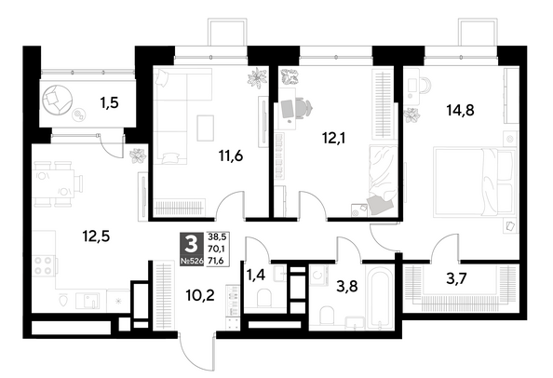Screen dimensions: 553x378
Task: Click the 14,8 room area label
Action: [460, 111]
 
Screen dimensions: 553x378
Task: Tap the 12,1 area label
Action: [333, 138]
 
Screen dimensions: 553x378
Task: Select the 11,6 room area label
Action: [231, 155]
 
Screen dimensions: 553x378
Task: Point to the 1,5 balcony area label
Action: [109, 103]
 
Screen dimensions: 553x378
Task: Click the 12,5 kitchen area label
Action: [96, 236]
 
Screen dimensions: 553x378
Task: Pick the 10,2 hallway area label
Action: [200, 295]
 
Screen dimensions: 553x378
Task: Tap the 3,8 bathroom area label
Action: [347, 286]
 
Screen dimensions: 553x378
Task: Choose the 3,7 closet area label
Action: [456, 278]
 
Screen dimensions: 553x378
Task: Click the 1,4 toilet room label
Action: [255, 275]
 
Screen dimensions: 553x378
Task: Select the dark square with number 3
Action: [192, 244]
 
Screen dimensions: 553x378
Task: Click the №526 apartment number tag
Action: [192, 262]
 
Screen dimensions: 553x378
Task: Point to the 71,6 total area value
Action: [217, 261]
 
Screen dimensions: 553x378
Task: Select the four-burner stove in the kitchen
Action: [44, 265]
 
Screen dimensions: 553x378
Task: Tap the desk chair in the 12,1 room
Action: [304, 106]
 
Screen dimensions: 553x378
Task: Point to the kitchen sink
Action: [88, 301]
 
